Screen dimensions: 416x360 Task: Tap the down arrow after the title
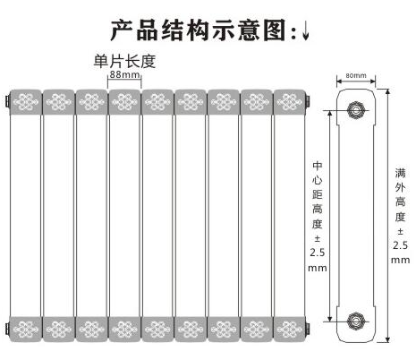point(306,32)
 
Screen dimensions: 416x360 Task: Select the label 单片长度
point(124,61)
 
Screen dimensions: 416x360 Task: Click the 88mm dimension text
point(124,74)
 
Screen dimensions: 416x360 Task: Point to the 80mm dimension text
point(356,75)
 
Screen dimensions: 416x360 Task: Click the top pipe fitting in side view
point(356,110)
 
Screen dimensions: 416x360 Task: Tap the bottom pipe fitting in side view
point(355,321)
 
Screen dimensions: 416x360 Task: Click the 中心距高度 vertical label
point(318,195)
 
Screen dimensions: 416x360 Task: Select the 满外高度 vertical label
point(400,194)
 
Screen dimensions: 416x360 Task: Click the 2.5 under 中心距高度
point(317,253)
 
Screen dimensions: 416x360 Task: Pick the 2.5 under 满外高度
point(400,245)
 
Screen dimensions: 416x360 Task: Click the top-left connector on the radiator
point(7,101)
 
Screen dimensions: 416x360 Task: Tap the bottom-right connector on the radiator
point(308,329)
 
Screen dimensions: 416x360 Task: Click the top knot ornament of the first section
point(26,102)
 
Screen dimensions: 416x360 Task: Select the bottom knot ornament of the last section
point(288,330)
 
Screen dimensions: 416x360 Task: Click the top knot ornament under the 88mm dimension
point(124,102)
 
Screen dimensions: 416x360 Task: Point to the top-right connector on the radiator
point(308,101)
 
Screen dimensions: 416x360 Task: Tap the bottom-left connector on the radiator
point(7,329)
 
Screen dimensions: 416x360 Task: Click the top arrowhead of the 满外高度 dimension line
point(387,90)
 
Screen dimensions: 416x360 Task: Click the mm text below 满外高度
point(400,260)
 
